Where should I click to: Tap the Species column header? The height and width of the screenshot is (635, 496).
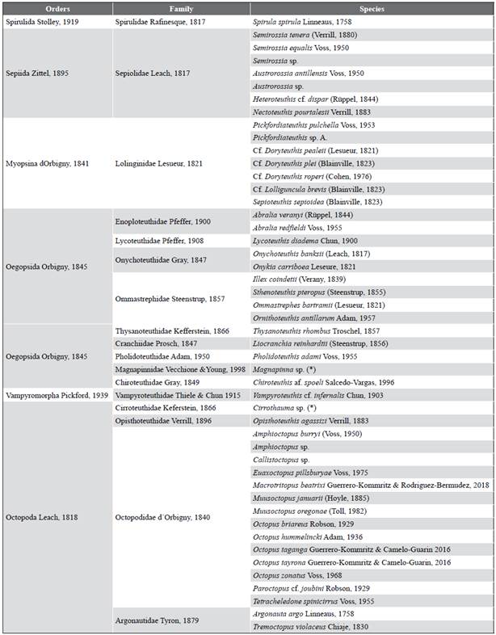point(371,7)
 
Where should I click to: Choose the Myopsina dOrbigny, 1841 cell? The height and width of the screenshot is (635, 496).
point(47,163)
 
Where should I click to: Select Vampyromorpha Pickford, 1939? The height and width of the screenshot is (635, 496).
point(56,396)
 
